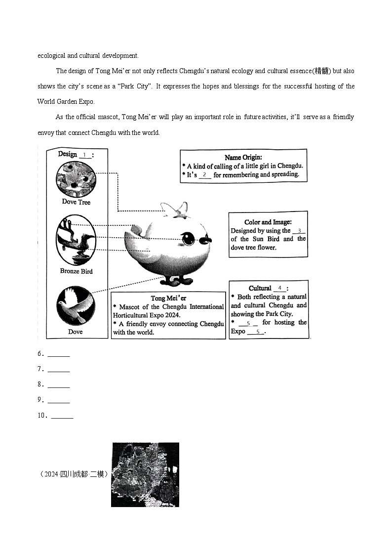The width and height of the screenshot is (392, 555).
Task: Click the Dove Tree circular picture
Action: tap(76, 178)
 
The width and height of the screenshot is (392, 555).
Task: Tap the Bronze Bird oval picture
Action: tap(76, 240)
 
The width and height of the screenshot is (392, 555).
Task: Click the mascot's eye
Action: tap(188, 239)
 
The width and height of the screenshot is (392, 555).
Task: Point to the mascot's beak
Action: tap(206, 240)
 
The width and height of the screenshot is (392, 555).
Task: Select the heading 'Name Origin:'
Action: tap(243, 157)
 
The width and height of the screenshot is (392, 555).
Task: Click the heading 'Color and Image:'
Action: tap(268, 222)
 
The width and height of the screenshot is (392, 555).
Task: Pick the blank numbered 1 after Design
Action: tap(85, 155)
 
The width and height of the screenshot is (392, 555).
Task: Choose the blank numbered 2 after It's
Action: tap(204, 174)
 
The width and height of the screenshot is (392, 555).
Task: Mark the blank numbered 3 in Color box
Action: tap(299, 230)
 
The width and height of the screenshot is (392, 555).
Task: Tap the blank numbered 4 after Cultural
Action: tap(279, 288)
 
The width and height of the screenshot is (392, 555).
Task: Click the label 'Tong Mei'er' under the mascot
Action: tap(168, 298)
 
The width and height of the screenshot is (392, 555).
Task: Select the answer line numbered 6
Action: tap(59, 354)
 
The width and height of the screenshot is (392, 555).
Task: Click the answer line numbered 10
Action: tap(62, 416)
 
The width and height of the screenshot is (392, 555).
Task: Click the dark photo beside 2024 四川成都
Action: tap(145, 474)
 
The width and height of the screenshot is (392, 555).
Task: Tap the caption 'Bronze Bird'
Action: tap(76, 271)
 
